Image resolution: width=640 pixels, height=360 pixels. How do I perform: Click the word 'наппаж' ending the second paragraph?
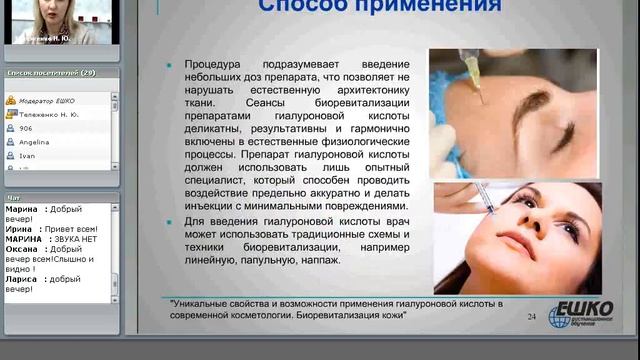click(316, 260)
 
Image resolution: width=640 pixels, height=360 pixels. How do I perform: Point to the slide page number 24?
click(530, 317)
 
